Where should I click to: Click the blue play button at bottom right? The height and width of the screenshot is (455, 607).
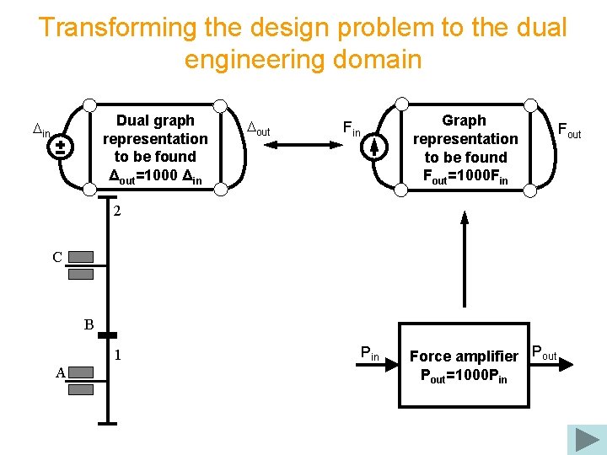pyautogui.click(x=587, y=439)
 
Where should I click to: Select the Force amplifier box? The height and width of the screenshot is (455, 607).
pyautogui.click(x=464, y=364)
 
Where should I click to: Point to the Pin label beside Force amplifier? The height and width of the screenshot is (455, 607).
pyautogui.click(x=370, y=353)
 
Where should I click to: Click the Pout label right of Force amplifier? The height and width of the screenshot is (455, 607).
pyautogui.click(x=544, y=353)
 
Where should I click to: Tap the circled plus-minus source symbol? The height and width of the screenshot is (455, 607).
pyautogui.click(x=61, y=147)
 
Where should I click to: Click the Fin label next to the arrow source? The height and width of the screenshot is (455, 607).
pyautogui.click(x=351, y=128)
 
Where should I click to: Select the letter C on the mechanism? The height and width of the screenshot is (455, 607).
pyautogui.click(x=57, y=258)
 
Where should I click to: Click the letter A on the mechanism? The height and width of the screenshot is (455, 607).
pyautogui.click(x=61, y=373)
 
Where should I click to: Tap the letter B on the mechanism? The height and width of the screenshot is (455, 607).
pyautogui.click(x=89, y=324)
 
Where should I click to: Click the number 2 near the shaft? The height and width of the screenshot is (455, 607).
pyautogui.click(x=117, y=212)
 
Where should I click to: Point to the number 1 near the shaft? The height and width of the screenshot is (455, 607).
pyautogui.click(x=119, y=356)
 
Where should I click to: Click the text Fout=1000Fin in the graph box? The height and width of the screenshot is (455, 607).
pyautogui.click(x=465, y=176)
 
